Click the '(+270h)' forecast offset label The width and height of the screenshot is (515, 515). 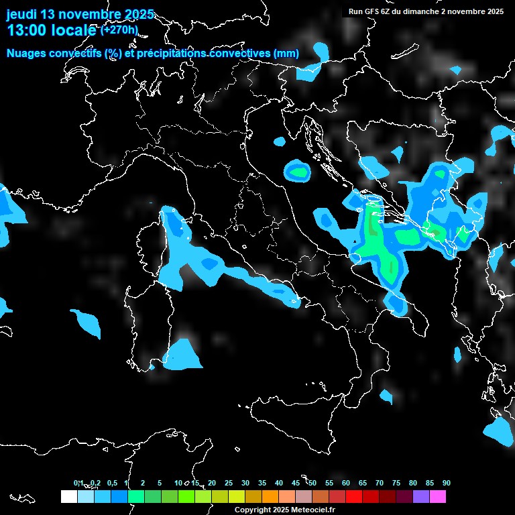coord(119,30)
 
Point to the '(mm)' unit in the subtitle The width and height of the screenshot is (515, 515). coord(286,53)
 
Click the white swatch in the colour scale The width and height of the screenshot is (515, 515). coord(68,496)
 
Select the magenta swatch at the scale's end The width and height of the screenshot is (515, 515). coord(437,496)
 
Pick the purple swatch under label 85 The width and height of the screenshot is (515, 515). coord(420,496)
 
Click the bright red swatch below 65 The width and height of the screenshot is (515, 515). coord(353,496)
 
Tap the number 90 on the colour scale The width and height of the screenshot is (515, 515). coord(446,483)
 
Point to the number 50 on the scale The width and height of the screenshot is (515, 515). coord(312,483)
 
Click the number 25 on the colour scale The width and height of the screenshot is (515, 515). coord(229,483)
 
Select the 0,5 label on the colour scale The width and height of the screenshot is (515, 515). coord(111,483)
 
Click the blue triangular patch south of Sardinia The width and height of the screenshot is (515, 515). coord(183,356)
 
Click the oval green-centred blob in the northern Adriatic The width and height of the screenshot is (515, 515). coord(297,172)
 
